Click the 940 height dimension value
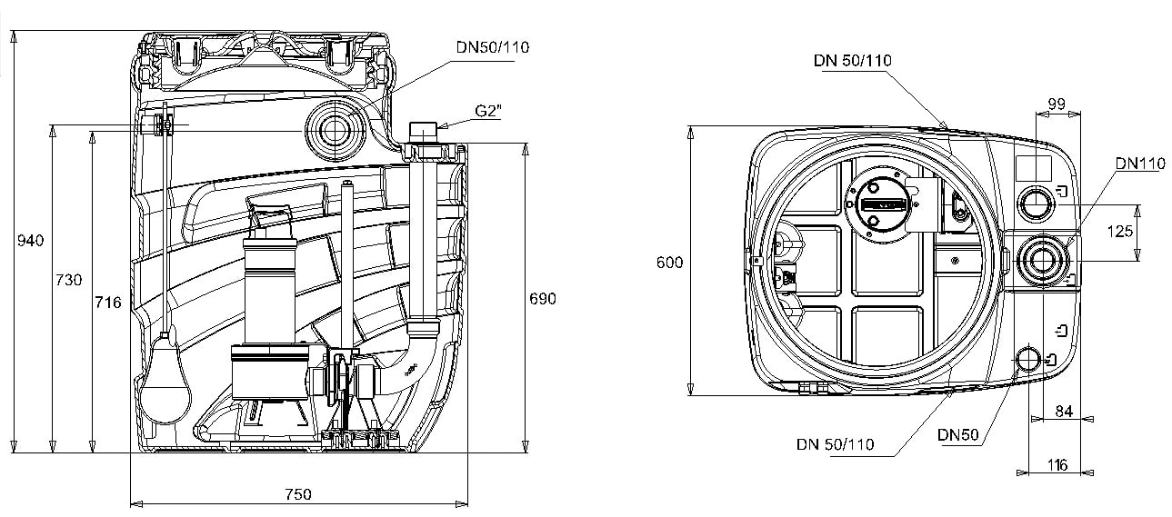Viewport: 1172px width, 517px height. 30,241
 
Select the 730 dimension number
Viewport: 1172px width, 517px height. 69,280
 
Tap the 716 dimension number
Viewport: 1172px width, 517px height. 108,303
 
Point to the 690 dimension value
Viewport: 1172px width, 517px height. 543,299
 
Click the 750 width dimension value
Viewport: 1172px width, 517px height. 298,494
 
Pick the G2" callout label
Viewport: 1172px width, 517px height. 488,111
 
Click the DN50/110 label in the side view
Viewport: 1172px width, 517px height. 492,47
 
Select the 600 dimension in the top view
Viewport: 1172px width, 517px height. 670,263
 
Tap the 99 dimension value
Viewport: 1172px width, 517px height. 1057,104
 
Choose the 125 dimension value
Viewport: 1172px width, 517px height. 1120,231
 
